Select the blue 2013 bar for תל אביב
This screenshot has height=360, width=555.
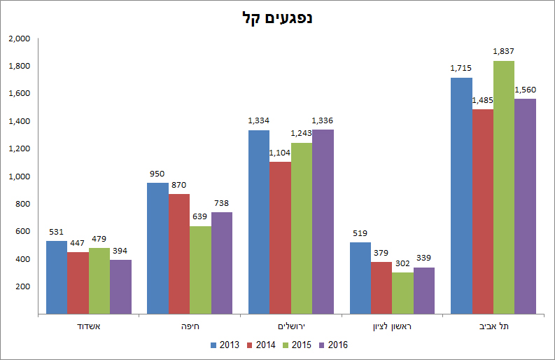tap(461, 195)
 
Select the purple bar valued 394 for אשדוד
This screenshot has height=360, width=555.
tap(120, 286)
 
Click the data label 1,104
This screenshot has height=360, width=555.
tap(281, 153)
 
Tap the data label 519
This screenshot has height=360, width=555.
tap(360, 233)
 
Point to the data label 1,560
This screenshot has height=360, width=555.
tap(525, 90)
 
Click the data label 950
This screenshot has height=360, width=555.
tap(157, 174)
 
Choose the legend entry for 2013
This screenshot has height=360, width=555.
tap(224, 345)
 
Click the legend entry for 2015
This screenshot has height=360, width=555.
tap(297, 345)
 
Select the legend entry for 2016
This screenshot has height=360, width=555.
tap(334, 345)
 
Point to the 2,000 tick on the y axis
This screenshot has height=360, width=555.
tap(19, 39)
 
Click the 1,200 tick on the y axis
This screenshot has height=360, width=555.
tap(19, 148)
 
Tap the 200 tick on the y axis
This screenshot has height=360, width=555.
tap(22, 286)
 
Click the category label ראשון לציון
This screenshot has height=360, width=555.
tap(392, 326)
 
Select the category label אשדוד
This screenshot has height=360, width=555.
tap(89, 326)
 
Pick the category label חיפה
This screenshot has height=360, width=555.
tap(190, 326)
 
